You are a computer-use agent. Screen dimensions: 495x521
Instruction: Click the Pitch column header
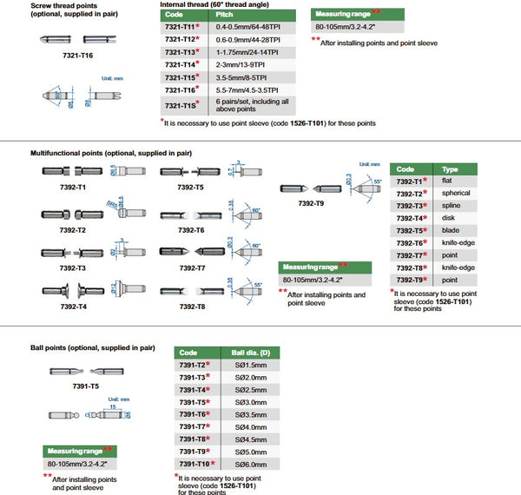[224, 15]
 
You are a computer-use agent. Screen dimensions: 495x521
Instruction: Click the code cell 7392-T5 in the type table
[410, 231]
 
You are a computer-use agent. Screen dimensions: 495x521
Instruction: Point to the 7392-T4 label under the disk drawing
[76, 307]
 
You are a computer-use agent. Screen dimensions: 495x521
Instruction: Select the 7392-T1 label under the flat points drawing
[76, 187]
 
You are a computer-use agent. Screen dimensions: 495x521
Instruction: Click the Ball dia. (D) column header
[251, 353]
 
